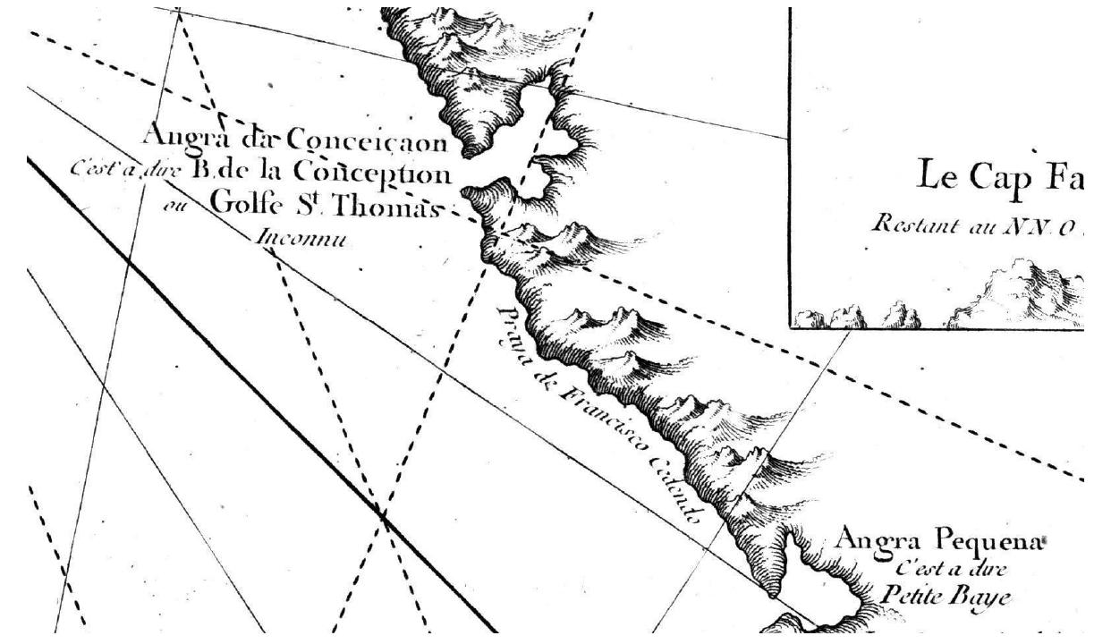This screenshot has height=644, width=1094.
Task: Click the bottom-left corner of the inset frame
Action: pos(790,326)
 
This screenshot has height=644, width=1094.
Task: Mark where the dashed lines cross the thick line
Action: pos(383,515)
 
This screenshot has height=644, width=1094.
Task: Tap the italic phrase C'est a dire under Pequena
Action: pos(950,568)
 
